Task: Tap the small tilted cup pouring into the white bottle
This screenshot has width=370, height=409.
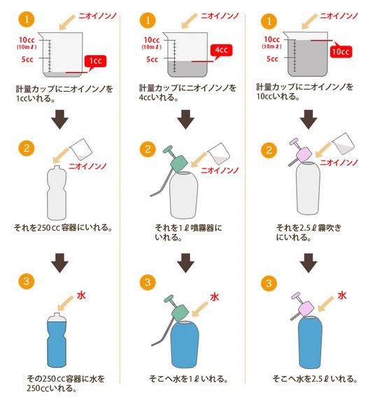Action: click(84, 149)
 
